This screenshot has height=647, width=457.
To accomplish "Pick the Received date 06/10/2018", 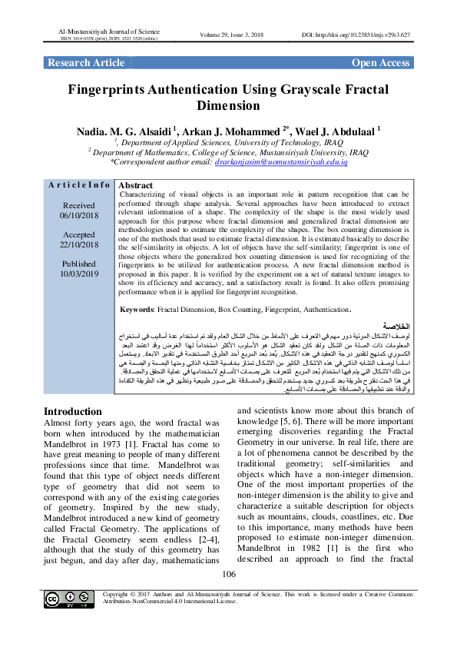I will click(x=78, y=216).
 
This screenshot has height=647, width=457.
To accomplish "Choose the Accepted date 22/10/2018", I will click(x=78, y=244).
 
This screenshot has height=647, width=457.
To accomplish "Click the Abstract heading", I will click(x=137, y=186).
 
